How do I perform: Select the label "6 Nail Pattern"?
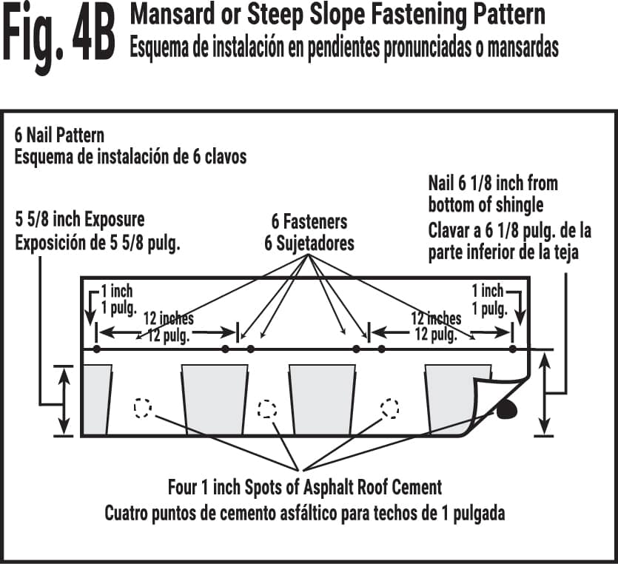click(x=59, y=135)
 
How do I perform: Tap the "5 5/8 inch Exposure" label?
click(x=80, y=220)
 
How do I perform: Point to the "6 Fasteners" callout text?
click(x=309, y=222)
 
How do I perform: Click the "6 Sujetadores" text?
click(x=309, y=244)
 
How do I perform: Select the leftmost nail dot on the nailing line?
click(x=95, y=349)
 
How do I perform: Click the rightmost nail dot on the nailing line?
click(x=512, y=349)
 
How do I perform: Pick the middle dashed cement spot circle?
click(x=266, y=409)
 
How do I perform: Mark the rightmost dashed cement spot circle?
click(x=389, y=407)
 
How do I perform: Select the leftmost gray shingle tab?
click(x=96, y=399)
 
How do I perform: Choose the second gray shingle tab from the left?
click(x=214, y=399)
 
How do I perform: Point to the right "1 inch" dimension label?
click(x=488, y=291)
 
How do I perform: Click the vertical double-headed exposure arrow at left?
click(x=64, y=400)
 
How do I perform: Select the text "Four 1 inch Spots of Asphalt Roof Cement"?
click(x=305, y=488)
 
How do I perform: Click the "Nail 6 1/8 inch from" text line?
click(x=493, y=183)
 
